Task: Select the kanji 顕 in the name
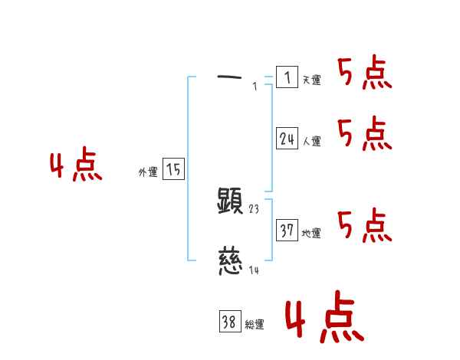231,201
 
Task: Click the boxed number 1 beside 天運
287,77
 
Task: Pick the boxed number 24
287,139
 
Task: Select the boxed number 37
287,231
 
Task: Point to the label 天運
311,80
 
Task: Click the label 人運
311,141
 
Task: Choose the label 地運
311,233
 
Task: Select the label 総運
255,325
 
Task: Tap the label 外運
148,172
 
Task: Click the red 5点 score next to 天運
365,74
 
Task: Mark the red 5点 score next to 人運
365,135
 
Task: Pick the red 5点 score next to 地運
365,225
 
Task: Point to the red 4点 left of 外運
76,166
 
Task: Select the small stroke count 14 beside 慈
255,269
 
